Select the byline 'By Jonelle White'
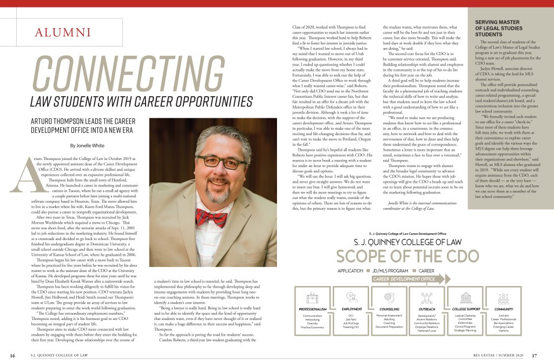[88, 145]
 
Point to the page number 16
[12, 355]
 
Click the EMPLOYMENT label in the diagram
[352, 309]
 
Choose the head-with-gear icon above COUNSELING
[386, 296]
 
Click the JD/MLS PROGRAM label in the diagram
[390, 270]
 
